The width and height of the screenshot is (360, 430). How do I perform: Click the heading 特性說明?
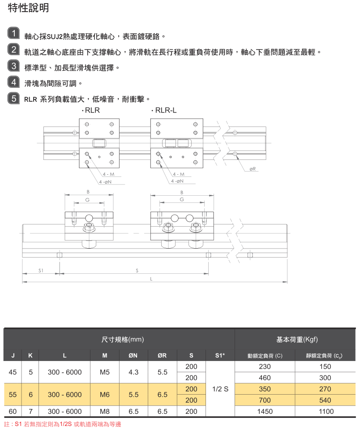(x=29, y=8)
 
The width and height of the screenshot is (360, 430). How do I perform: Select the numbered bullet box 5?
(x=14, y=98)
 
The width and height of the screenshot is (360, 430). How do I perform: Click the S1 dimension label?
(x=41, y=271)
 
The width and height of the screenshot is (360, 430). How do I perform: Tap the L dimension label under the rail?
(x=151, y=279)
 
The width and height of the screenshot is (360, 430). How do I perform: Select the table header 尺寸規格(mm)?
(x=122, y=340)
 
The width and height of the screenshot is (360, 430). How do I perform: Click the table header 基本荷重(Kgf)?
(x=297, y=340)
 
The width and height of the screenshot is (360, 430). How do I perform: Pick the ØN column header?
(x=133, y=356)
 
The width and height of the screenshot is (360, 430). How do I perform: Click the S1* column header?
(x=220, y=356)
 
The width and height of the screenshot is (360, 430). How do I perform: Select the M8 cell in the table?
(x=105, y=412)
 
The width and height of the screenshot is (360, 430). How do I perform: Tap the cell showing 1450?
(x=265, y=412)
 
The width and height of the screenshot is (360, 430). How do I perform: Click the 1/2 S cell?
(x=220, y=389)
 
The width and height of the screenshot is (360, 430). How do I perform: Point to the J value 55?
(x=13, y=395)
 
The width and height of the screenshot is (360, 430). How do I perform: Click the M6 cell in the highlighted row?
(x=105, y=395)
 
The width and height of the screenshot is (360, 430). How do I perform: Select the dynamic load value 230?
(x=265, y=366)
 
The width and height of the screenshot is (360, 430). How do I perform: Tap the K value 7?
(x=30, y=412)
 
